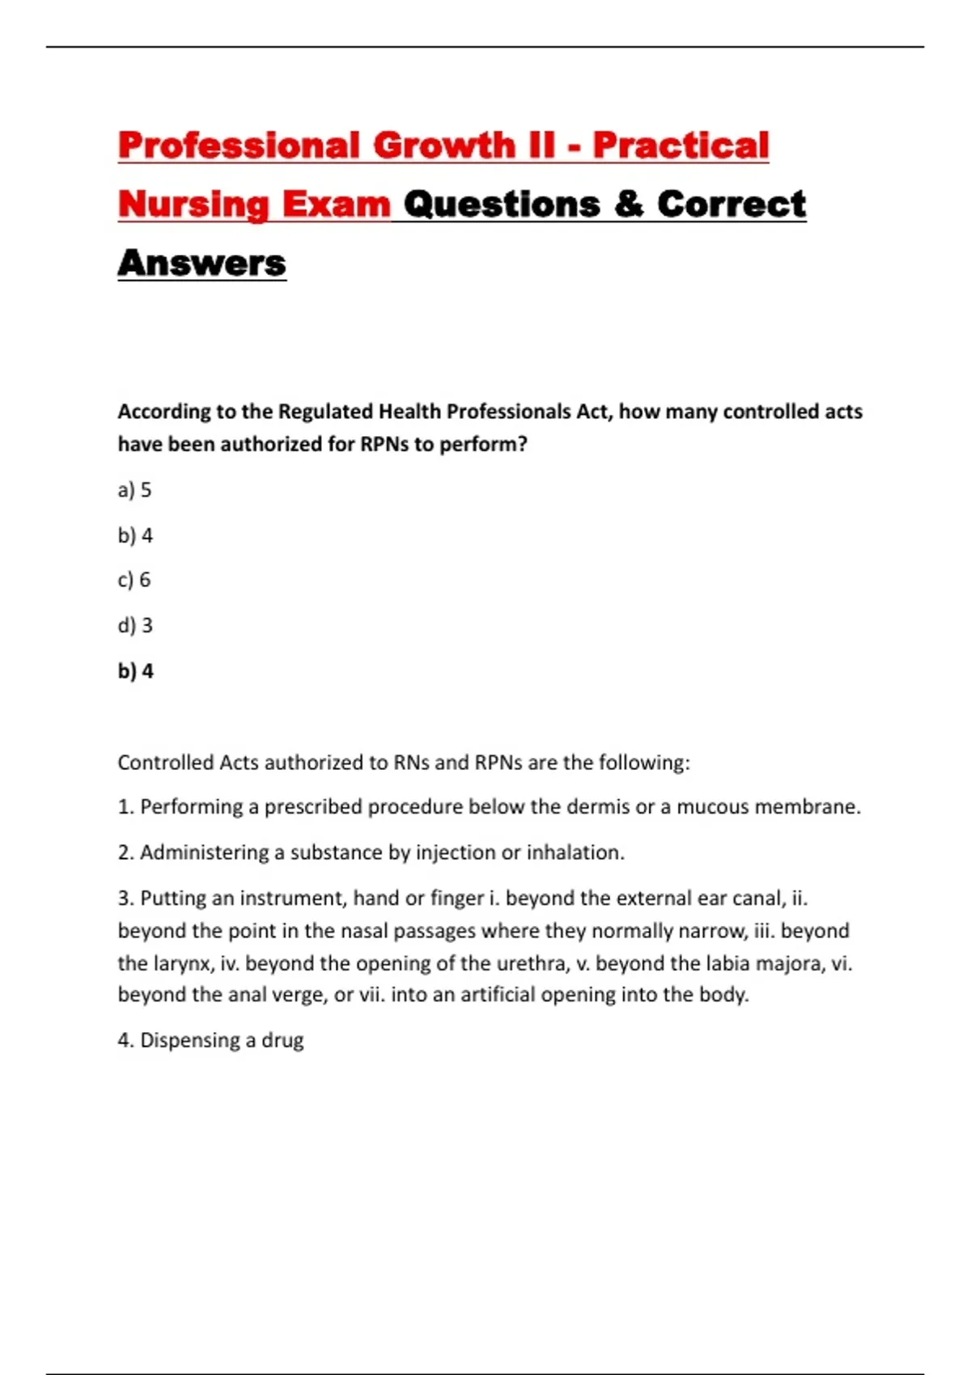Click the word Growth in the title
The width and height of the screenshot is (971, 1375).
click(443, 146)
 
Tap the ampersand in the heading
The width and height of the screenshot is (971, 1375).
click(629, 204)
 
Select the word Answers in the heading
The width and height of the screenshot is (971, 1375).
click(202, 263)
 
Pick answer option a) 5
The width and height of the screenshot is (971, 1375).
click(134, 490)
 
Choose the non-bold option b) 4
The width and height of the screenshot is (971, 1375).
click(135, 535)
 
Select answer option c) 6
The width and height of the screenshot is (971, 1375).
click(134, 580)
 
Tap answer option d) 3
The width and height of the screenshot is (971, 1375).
click(135, 625)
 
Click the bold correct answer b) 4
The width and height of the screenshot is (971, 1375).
click(135, 671)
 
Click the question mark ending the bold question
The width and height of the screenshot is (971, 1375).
click(522, 444)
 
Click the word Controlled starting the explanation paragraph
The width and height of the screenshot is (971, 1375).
click(166, 763)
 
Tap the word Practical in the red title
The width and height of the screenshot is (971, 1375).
click(681, 146)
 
